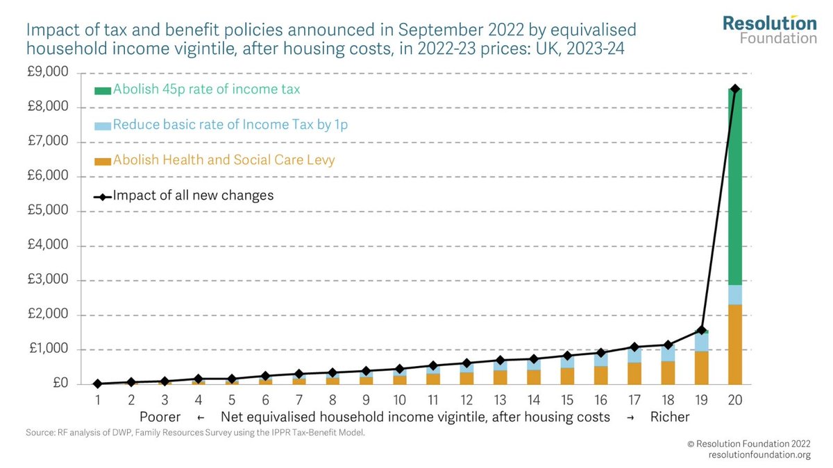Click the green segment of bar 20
(x=735, y=187)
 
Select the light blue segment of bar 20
(x=735, y=295)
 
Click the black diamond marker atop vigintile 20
(x=735, y=89)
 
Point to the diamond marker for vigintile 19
(x=702, y=330)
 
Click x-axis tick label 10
(x=399, y=400)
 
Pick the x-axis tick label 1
(x=98, y=400)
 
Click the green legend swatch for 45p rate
(x=102, y=90)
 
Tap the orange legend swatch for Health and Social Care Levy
(x=102, y=161)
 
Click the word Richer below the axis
(x=670, y=417)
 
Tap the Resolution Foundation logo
(x=769, y=29)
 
